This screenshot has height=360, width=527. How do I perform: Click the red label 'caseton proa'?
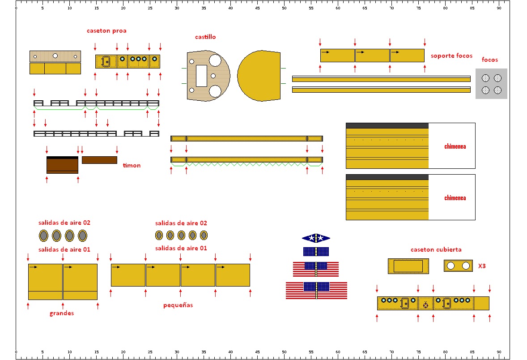[x=106, y=30]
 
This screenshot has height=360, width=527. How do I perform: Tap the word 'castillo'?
[x=205, y=37]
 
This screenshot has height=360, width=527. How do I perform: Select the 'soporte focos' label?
[x=451, y=56]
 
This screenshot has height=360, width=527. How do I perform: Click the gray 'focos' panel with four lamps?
[x=491, y=84]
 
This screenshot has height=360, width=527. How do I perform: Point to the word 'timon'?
[x=132, y=165]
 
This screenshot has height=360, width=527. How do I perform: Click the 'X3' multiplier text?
[x=482, y=266]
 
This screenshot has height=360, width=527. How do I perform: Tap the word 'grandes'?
[x=61, y=313]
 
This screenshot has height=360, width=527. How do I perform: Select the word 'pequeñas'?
[x=178, y=305]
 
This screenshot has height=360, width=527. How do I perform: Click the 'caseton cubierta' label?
[x=436, y=249]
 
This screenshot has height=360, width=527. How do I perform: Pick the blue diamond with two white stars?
[x=316, y=238]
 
